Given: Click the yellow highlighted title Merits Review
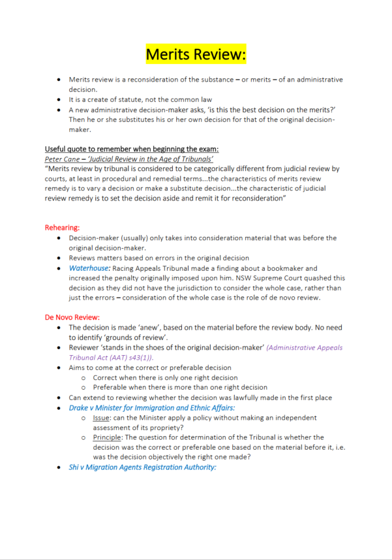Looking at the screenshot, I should pyautogui.click(x=196, y=54).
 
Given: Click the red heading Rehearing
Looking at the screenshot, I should pyautogui.click(x=62, y=228).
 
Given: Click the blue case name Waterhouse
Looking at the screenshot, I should pyautogui.click(x=90, y=268).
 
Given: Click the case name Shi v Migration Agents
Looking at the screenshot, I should pyautogui.click(x=142, y=467).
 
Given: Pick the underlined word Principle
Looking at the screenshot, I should pyautogui.click(x=107, y=437).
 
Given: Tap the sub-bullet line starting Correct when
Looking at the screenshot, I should pyautogui.click(x=165, y=377).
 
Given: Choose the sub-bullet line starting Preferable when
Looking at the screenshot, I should pyautogui.click(x=180, y=387).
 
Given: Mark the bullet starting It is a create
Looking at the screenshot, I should pyautogui.click(x=140, y=100).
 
